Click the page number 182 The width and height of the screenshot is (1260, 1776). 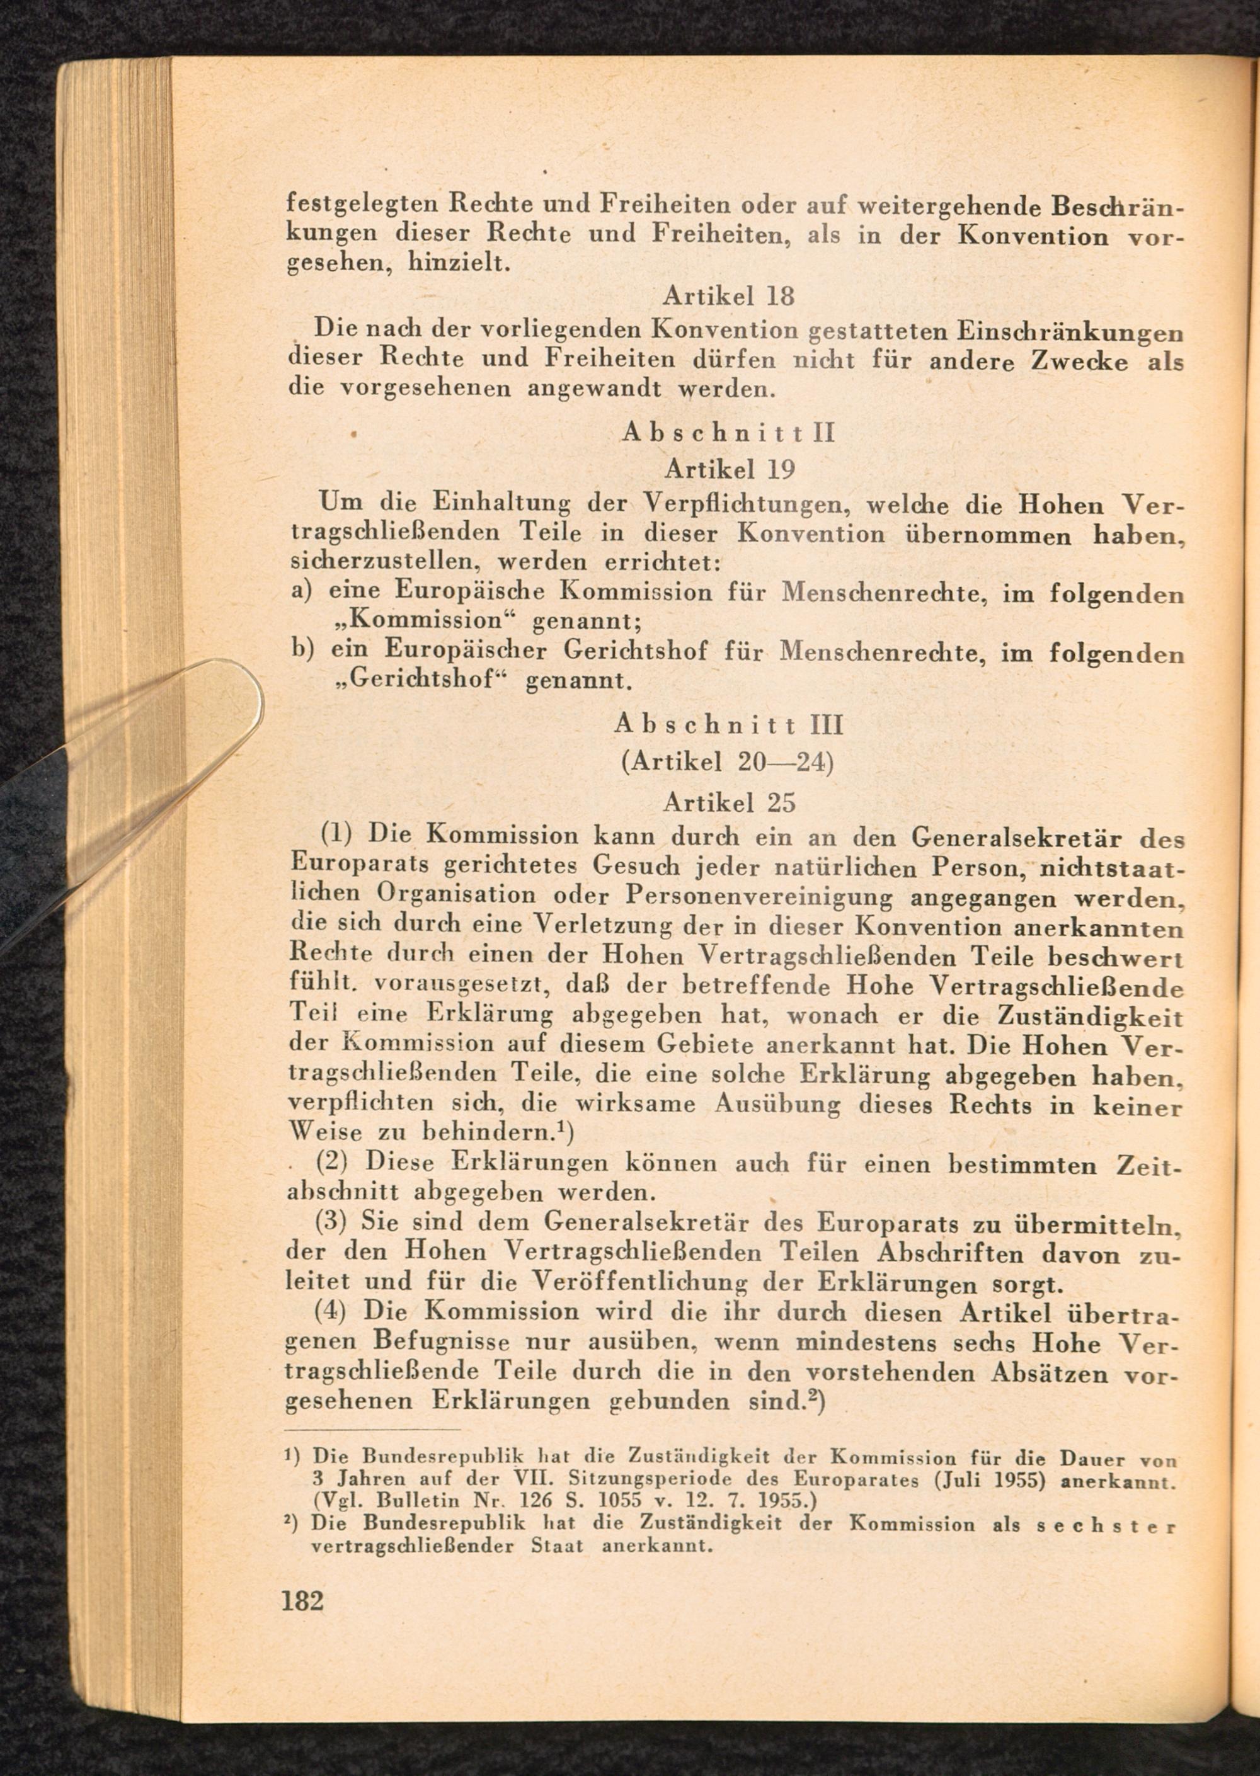point(302,1599)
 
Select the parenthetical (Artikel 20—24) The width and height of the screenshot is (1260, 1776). point(727,763)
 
